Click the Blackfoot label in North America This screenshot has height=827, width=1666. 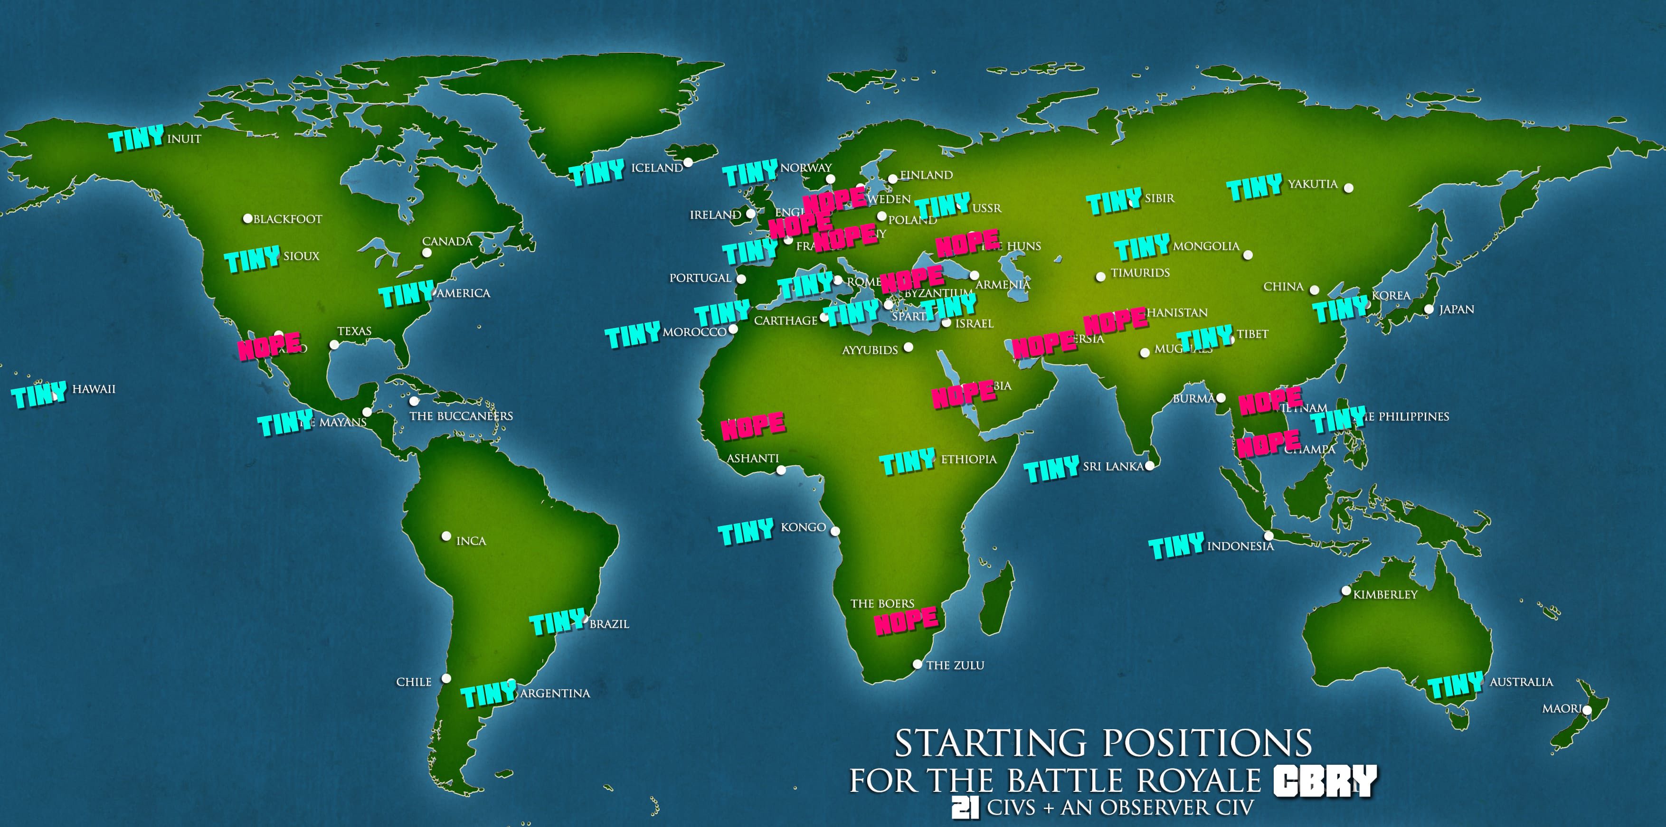[x=287, y=219]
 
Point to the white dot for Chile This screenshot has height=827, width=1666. [x=445, y=678]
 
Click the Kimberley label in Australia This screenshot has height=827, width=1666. [x=1385, y=594]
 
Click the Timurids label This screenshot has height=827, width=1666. [x=1140, y=273]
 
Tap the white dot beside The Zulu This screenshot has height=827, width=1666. [x=917, y=664]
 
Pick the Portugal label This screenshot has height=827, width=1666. [x=700, y=278]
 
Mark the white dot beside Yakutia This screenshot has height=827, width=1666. [x=1348, y=188]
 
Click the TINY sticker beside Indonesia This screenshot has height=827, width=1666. [x=1176, y=546]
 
